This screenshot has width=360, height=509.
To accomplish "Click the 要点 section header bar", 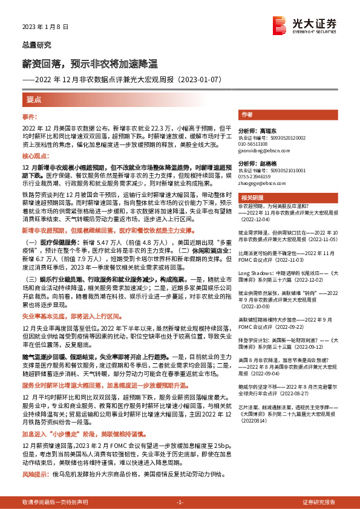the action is (34, 99).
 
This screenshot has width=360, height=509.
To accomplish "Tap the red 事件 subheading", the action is (30, 116).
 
